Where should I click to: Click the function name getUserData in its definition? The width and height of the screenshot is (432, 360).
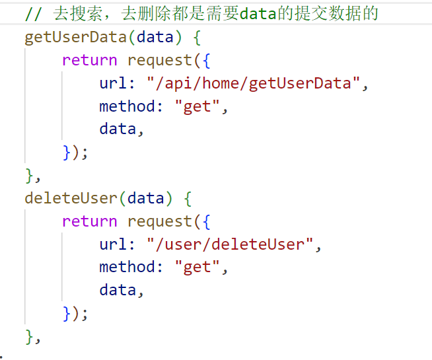click(x=75, y=37)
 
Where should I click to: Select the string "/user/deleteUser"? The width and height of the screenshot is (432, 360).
click(x=230, y=244)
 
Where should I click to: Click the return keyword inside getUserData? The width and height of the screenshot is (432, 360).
click(x=89, y=60)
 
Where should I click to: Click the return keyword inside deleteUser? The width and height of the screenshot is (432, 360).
click(x=89, y=221)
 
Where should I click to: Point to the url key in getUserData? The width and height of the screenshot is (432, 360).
click(x=113, y=84)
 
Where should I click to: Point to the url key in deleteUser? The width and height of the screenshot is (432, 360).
click(x=113, y=244)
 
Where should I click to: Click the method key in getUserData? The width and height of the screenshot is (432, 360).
click(x=127, y=106)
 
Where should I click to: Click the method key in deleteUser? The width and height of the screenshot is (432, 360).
click(x=127, y=267)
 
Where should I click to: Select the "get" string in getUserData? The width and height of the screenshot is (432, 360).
click(x=198, y=106)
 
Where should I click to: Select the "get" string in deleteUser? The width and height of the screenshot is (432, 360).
click(x=198, y=267)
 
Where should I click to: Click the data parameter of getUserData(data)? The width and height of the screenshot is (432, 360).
click(x=155, y=37)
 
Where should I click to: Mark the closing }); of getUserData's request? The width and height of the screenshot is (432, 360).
click(x=75, y=152)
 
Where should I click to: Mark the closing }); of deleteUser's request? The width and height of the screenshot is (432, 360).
click(x=75, y=312)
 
